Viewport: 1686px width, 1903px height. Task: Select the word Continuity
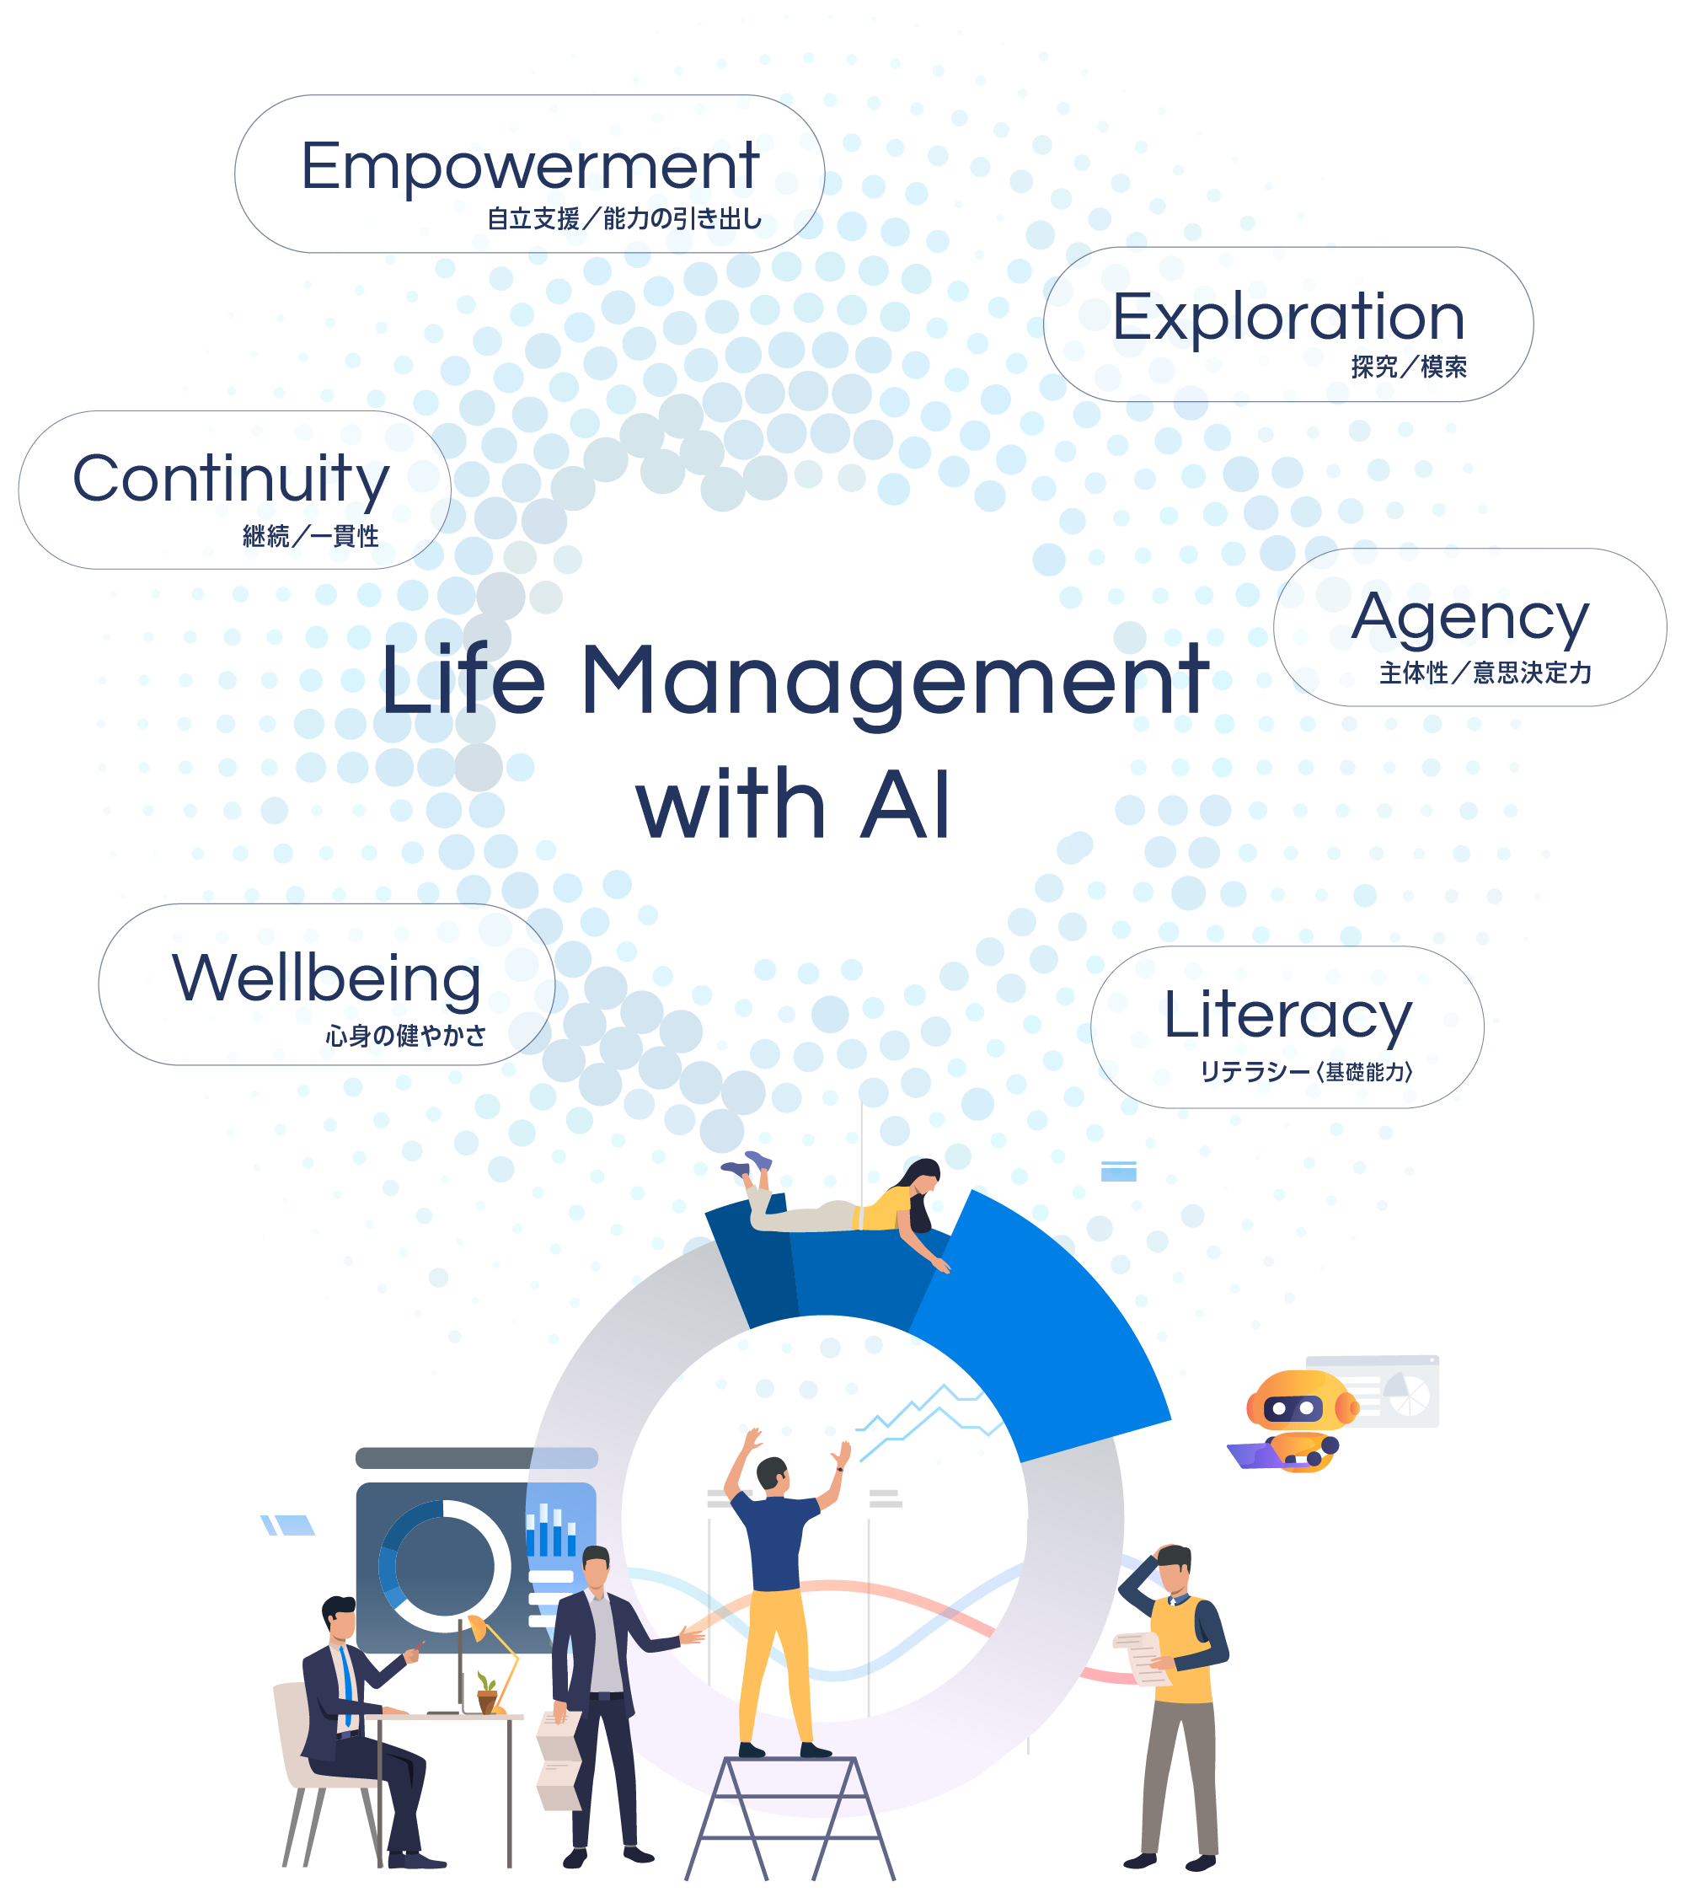coord(231,479)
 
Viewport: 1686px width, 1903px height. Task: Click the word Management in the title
coord(894,682)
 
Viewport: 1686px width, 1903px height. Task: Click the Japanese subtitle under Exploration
coord(1409,367)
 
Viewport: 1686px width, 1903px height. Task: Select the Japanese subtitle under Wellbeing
coord(406,1035)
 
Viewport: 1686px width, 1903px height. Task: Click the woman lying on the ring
coord(847,1207)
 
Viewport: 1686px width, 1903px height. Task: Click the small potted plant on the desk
coord(486,1690)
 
